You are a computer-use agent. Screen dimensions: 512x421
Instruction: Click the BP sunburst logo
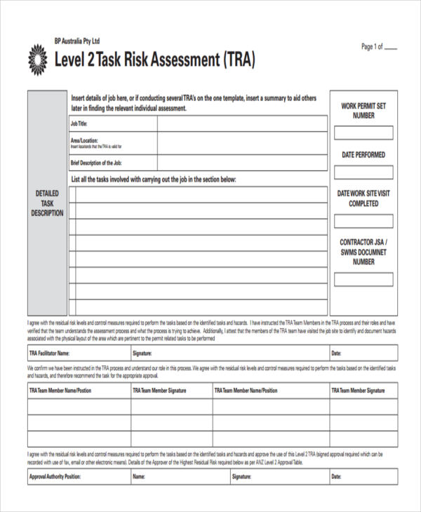[38, 59]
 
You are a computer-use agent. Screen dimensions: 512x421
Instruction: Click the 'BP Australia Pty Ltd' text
[77, 41]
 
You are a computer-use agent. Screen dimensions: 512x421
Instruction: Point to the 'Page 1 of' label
[372, 47]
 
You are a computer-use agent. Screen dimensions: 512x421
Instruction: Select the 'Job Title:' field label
[79, 123]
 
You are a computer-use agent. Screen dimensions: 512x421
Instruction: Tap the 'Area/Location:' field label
[84, 140]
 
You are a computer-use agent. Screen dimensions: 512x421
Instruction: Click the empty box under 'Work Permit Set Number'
[363, 133]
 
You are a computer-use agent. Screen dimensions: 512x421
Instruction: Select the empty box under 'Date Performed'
[363, 172]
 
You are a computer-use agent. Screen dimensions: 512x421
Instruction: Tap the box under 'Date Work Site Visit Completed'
[363, 222]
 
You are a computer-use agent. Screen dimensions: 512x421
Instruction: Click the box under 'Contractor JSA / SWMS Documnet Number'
[363, 279]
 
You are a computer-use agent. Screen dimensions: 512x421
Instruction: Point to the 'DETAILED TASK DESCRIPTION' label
[47, 203]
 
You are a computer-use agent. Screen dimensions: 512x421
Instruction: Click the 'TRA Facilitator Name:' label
[49, 353]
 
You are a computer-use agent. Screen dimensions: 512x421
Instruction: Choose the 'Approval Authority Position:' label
[55, 477]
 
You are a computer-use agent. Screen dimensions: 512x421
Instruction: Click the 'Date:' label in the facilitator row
[337, 353]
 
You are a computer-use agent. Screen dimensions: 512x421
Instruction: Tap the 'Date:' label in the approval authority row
[337, 477]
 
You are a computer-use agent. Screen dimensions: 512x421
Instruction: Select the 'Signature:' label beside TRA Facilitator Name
[142, 353]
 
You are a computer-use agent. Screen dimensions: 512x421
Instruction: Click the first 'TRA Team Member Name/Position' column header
[60, 390]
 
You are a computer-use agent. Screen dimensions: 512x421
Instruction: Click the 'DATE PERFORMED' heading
[363, 154]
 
